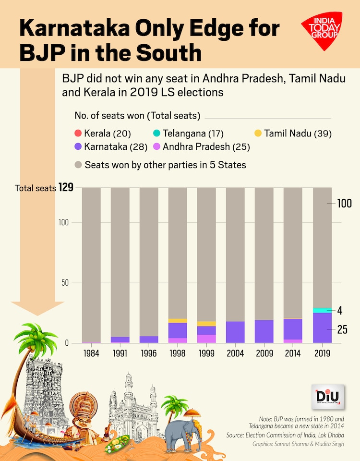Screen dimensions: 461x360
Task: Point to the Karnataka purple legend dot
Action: [79, 146]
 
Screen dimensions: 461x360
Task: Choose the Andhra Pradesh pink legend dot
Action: [157, 146]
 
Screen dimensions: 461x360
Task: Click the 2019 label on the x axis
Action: [322, 353]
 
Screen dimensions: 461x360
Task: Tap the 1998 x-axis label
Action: [178, 353]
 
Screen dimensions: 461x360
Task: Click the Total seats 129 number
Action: [66, 188]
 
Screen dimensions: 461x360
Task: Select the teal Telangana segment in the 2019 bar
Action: [322, 310]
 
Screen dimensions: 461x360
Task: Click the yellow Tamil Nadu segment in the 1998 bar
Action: [178, 320]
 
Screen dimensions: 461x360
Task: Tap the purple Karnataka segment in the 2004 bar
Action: [235, 332]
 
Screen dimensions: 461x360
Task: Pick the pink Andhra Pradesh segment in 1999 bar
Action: [206, 339]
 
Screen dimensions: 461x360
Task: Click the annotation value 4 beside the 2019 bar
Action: [339, 310]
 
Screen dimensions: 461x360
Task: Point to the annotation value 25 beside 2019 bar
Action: [342, 329]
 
